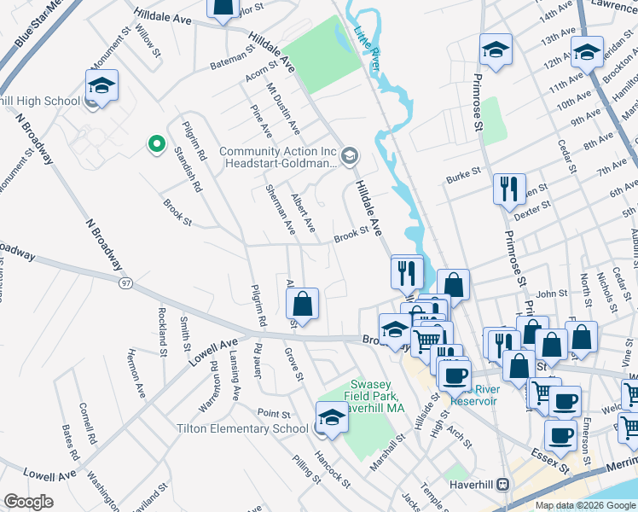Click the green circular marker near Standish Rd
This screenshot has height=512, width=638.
click(156, 144)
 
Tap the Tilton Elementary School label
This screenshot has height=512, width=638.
click(242, 428)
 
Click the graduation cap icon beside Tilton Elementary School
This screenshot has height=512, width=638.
click(331, 417)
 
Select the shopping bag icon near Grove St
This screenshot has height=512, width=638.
click(302, 304)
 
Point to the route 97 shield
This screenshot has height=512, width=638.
click(126, 282)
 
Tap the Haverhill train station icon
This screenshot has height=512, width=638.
click(505, 483)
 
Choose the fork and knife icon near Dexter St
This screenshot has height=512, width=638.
click(509, 189)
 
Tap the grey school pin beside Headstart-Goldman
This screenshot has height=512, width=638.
click(349, 156)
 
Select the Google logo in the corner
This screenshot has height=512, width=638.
click(28, 502)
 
